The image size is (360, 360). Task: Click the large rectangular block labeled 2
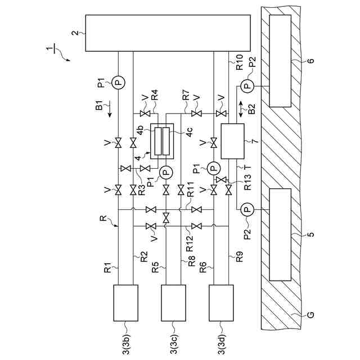pyautogui.click(x=167, y=33)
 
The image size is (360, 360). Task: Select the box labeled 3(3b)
pyautogui.click(x=126, y=301)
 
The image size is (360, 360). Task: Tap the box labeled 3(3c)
pyautogui.click(x=173, y=301)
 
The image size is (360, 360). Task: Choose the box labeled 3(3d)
pyautogui.click(x=220, y=301)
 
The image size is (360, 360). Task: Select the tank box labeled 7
pyautogui.click(x=232, y=142)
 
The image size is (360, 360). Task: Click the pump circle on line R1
pyautogui.click(x=118, y=82)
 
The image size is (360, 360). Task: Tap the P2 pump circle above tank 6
pyautogui.click(x=246, y=85)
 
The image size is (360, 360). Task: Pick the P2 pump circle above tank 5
pyautogui.click(x=246, y=210)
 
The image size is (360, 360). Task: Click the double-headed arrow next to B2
pyautogui.click(x=241, y=109)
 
